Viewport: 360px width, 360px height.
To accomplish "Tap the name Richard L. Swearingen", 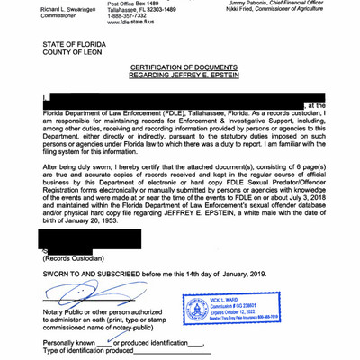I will point(45,6).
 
